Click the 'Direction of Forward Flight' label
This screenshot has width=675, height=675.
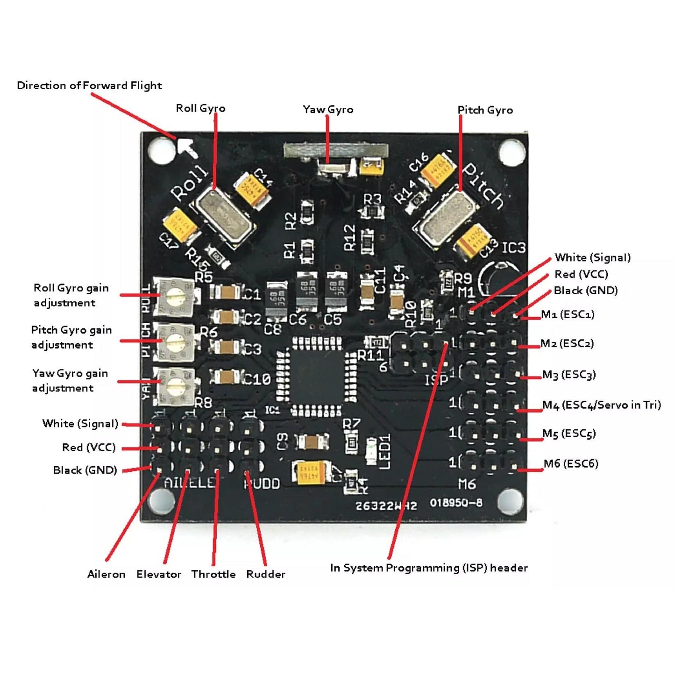(x=89, y=85)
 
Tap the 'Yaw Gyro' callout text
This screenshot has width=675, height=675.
(x=328, y=109)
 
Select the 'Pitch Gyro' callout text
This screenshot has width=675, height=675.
(x=485, y=110)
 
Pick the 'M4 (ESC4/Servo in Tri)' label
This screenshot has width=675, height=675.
(x=601, y=405)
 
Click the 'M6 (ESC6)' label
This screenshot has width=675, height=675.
(x=570, y=464)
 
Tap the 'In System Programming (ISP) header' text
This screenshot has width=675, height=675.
(x=428, y=568)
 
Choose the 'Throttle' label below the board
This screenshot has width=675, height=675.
(x=213, y=574)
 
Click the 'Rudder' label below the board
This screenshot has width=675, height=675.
(x=265, y=574)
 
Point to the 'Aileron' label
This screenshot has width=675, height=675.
(x=106, y=574)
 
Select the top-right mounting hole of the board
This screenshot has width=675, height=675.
(x=512, y=151)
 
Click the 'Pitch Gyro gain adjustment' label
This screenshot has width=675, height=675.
(x=71, y=337)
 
